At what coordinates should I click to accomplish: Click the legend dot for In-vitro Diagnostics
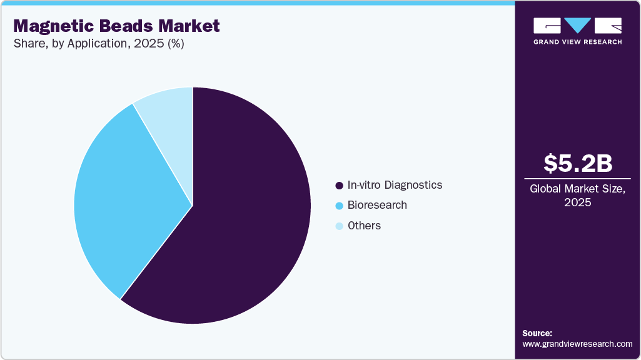pos(339,186)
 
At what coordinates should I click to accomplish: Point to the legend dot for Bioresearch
pos(339,206)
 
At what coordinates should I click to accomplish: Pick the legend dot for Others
pos(339,226)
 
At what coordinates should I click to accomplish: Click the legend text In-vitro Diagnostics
pos(395,185)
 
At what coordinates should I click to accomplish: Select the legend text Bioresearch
pos(377,205)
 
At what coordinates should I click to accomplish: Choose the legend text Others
pos(364,226)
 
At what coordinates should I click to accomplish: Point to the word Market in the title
pos(187,26)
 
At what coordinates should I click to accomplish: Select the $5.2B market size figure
pos(577,163)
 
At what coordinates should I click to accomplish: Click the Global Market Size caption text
pos(577,189)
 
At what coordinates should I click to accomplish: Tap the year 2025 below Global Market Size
pos(577,202)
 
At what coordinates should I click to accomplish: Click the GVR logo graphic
pos(577,26)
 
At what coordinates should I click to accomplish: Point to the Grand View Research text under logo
pos(577,42)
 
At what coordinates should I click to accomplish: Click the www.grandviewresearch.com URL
pos(577,344)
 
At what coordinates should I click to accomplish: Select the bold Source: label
pos(537,333)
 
